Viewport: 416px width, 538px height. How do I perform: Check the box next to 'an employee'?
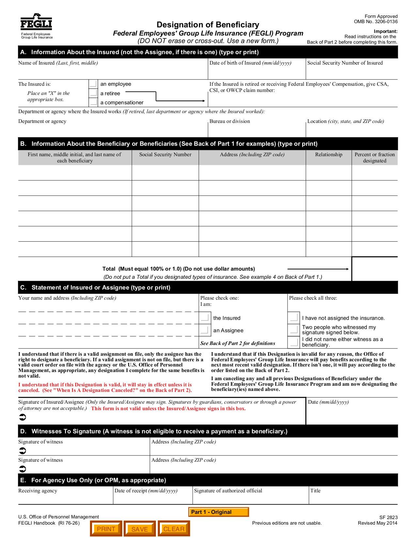point(93,84)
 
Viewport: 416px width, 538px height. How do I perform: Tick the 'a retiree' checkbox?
point(93,93)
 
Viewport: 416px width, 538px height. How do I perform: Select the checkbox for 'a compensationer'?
point(93,102)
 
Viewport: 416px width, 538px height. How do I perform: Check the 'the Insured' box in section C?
point(205,318)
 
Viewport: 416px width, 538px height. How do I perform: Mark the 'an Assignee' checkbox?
point(205,330)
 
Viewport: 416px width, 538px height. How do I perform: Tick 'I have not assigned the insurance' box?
point(294,318)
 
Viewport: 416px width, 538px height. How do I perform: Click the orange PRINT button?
point(106,529)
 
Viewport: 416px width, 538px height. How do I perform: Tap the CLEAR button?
point(174,529)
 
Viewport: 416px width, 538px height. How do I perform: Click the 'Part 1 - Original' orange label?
point(218,512)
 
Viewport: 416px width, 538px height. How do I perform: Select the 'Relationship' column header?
point(329,155)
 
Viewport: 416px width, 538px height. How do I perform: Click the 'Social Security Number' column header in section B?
point(165,155)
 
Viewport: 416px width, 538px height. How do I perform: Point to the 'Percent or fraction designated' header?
point(375,157)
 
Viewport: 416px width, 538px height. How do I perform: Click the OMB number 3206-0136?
point(376,22)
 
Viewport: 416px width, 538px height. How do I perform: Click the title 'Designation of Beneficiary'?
point(208,25)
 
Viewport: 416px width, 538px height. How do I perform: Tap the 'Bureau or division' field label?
point(230,121)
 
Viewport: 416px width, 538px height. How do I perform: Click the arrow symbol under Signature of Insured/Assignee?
point(23,417)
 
